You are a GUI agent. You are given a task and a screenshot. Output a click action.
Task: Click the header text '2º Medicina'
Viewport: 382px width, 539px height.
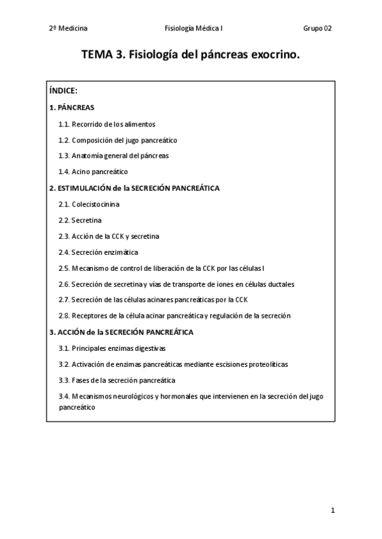(x=68, y=29)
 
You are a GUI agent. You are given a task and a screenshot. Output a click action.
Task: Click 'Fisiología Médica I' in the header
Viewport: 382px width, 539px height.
(x=193, y=29)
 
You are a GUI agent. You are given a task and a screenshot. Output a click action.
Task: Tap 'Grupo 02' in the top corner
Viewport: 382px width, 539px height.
(x=317, y=29)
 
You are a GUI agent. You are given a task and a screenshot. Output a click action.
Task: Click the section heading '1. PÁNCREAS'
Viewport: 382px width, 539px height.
(x=71, y=108)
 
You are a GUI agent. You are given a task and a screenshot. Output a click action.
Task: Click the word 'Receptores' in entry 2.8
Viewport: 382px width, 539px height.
(x=88, y=316)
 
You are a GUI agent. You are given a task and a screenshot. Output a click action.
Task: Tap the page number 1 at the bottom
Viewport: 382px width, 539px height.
(x=332, y=510)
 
